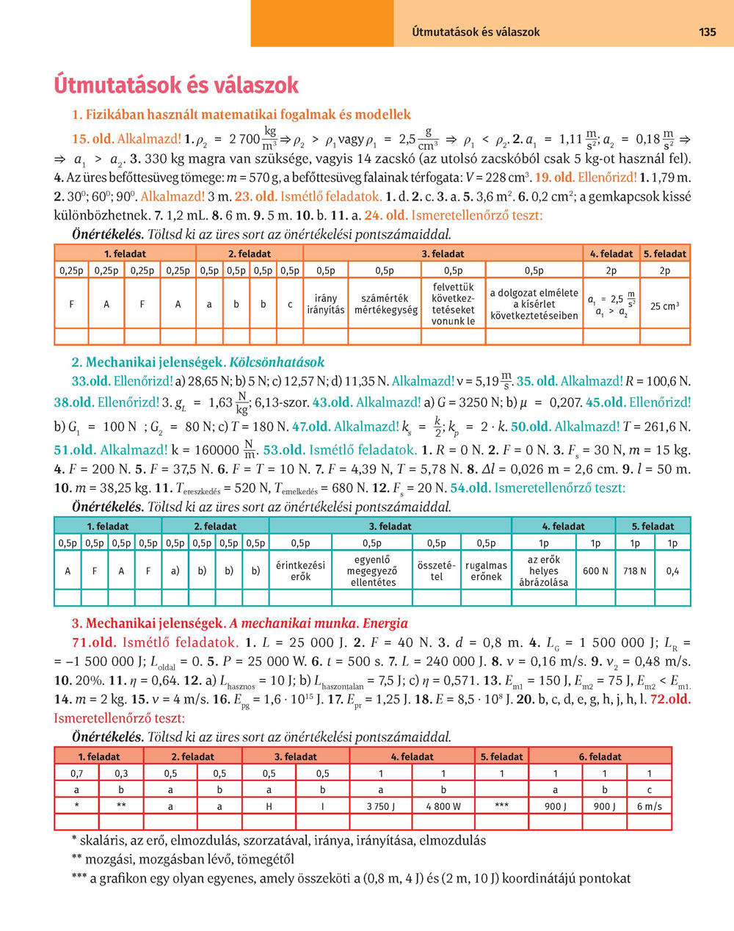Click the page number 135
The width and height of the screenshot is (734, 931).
tap(707, 32)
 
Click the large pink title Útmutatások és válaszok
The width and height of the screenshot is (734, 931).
tap(176, 85)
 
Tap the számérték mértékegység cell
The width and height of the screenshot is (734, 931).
tap(385, 304)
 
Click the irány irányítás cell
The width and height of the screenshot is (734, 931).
tap(325, 304)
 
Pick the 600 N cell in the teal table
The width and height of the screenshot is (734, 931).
tap(595, 570)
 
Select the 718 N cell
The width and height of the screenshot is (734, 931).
tap(635, 570)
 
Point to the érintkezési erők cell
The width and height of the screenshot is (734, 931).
tap(300, 570)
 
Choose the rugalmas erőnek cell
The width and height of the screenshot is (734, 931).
tap(486, 570)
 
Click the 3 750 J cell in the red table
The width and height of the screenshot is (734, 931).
tap(380, 806)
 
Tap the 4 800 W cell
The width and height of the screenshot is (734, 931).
tap(443, 806)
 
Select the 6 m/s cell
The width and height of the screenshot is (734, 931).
tap(649, 806)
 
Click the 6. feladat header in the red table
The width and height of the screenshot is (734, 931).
tap(600, 756)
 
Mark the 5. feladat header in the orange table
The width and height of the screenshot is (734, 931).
tap(665, 254)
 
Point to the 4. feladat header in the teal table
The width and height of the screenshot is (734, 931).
tap(563, 526)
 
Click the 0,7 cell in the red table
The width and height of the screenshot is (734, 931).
tap(77, 773)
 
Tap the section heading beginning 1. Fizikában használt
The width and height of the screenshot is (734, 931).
tap(241, 115)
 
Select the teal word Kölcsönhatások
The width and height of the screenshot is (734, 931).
tap(277, 362)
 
